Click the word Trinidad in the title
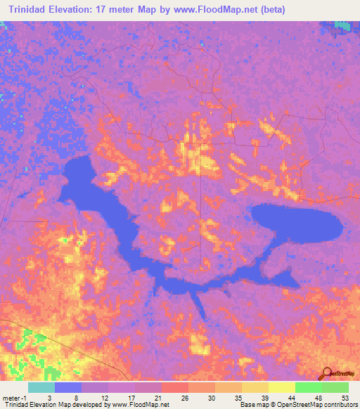[32, 10]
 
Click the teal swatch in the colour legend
[41, 387]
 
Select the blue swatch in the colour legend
[68, 387]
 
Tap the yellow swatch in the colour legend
[281, 387]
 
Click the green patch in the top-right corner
[342, 25]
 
